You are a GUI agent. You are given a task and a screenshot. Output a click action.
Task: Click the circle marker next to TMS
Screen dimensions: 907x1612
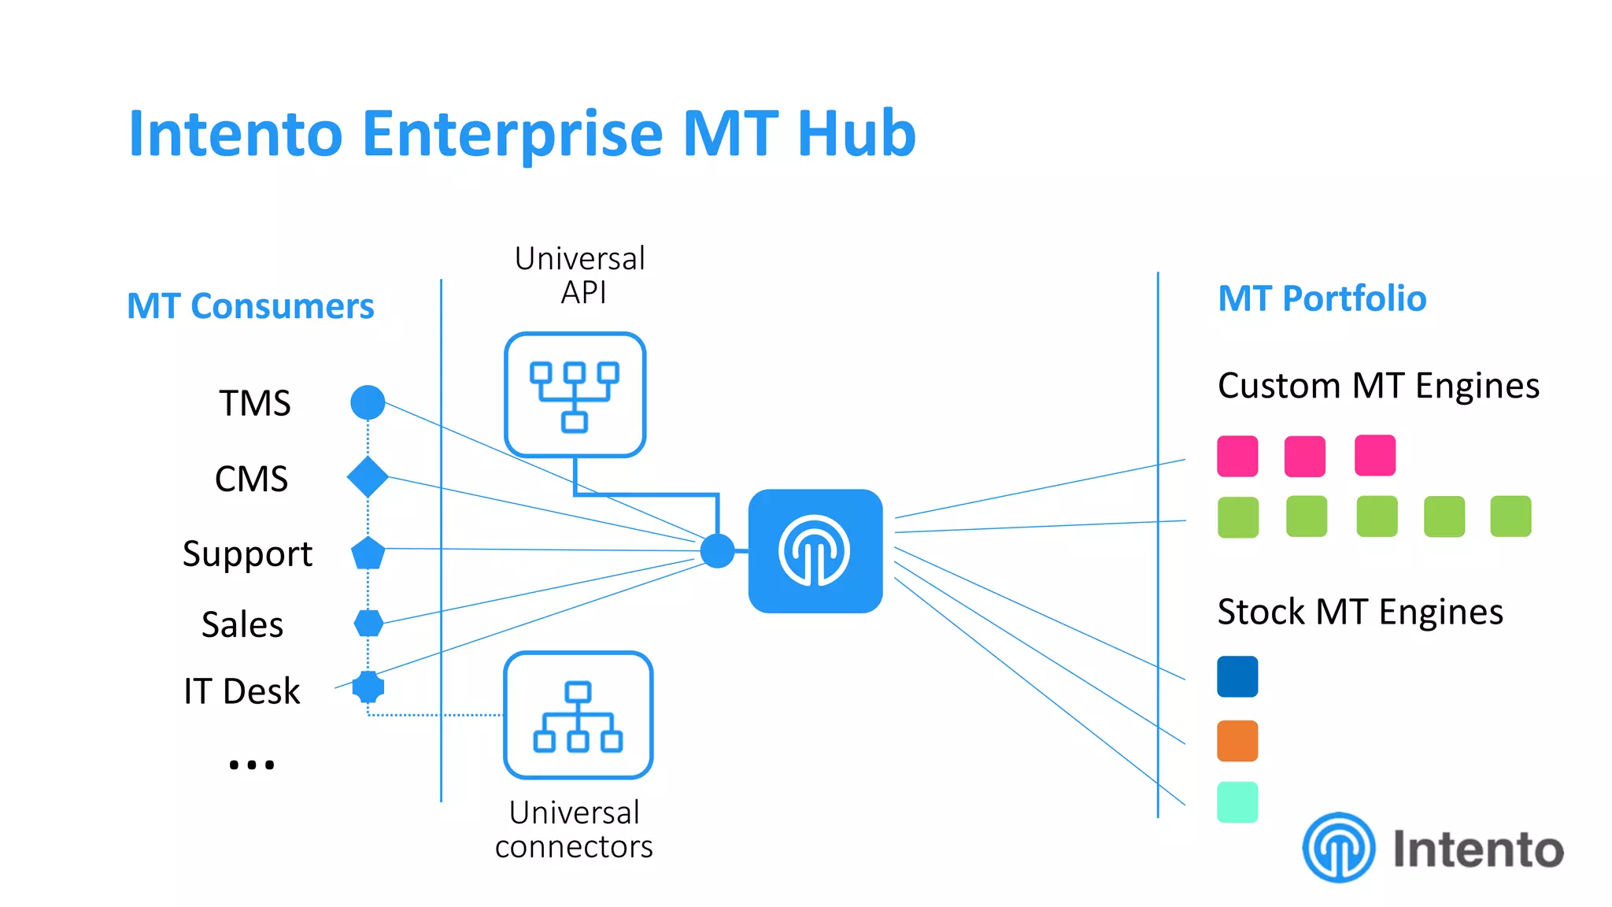point(368,402)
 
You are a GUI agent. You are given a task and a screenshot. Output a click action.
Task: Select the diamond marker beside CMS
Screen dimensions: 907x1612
point(368,477)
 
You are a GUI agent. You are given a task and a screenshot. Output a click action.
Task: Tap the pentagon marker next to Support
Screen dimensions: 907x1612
point(368,553)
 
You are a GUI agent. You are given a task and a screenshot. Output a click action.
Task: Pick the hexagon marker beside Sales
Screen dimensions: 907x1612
point(368,623)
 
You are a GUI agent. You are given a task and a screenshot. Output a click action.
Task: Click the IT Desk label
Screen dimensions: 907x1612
point(242,691)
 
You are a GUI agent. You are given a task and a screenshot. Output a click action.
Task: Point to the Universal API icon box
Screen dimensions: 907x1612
point(575,394)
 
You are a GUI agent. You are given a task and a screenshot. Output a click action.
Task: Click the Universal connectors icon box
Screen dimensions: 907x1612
point(579,715)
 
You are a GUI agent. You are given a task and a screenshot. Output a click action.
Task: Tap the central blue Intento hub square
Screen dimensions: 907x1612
point(815,551)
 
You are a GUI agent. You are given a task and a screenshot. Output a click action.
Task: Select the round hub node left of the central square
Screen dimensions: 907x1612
point(717,550)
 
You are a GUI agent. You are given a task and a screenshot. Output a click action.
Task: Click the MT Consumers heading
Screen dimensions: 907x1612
point(250,305)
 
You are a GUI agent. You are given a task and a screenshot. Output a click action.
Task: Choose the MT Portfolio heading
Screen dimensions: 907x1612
point(1322,298)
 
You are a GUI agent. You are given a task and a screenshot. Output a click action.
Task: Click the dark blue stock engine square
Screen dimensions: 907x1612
point(1237,676)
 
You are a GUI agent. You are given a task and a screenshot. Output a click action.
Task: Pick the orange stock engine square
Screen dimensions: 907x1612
point(1237,741)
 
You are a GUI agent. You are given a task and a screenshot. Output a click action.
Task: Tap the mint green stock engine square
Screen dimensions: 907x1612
point(1237,802)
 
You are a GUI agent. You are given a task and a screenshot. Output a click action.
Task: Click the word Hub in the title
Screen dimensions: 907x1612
point(856,134)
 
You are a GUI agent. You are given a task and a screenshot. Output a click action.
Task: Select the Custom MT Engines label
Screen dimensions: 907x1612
point(1378,386)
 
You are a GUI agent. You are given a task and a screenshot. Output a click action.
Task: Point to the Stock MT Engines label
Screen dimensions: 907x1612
point(1360,612)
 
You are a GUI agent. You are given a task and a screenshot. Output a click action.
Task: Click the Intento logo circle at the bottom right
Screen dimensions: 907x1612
point(1339,848)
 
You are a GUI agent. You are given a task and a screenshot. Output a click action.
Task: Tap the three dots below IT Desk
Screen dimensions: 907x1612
point(252,764)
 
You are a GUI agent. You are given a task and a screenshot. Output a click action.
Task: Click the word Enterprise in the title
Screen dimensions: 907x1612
point(512,134)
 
